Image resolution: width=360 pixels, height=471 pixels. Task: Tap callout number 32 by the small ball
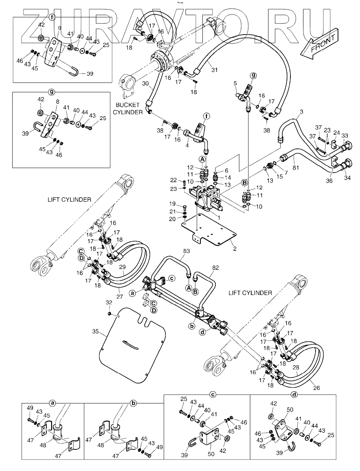coord(109,302)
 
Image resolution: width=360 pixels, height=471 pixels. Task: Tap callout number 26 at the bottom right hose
coord(317,388)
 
